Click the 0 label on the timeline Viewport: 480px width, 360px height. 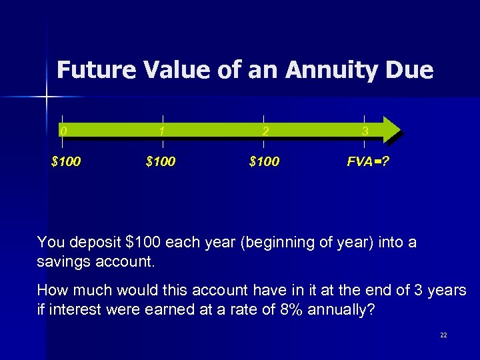(x=63, y=131)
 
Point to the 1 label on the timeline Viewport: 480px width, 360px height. (x=162, y=131)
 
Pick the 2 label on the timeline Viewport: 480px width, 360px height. (x=265, y=131)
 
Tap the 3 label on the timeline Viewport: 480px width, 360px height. (x=365, y=131)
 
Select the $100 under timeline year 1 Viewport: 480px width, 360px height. (x=161, y=161)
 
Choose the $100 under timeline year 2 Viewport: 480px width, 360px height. (x=264, y=161)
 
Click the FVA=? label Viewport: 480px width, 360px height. (x=366, y=161)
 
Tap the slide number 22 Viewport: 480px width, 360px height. (x=443, y=335)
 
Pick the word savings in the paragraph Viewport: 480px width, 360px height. (x=63, y=261)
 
